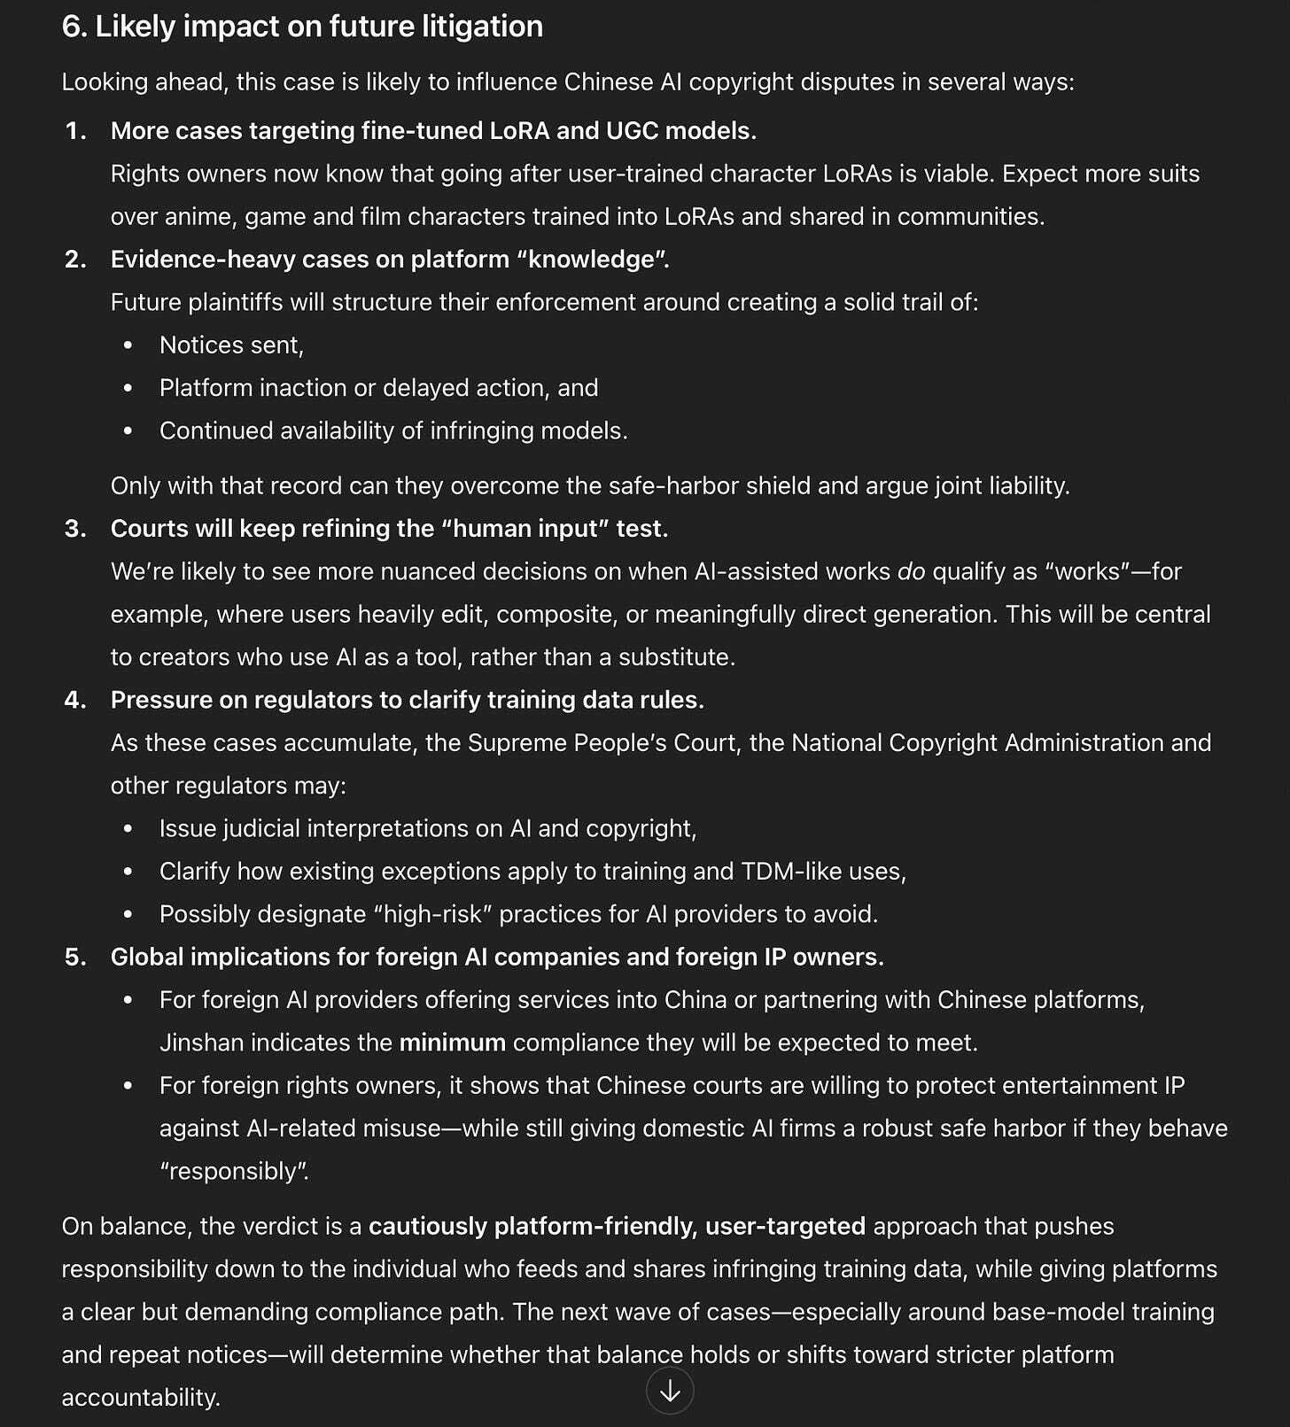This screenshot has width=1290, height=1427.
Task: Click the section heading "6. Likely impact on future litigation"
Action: point(302,27)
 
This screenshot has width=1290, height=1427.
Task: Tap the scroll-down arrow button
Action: point(670,1391)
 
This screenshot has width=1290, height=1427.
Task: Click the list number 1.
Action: point(76,131)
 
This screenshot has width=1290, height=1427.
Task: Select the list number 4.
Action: point(76,701)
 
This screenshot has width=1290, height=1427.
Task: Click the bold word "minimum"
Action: point(452,1043)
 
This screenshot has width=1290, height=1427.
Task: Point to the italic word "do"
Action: point(911,572)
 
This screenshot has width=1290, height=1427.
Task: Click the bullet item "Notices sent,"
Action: point(231,345)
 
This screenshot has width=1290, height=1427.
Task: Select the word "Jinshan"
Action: point(201,1043)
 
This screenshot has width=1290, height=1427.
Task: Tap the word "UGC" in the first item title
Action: point(632,131)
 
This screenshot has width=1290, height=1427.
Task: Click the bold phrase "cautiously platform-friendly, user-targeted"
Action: point(617,1227)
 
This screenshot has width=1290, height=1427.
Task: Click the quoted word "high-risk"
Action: point(433,914)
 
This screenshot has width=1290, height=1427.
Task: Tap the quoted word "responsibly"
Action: point(234,1171)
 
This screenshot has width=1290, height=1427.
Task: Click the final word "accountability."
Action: point(141,1398)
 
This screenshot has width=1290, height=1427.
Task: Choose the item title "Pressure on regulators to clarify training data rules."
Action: point(407,701)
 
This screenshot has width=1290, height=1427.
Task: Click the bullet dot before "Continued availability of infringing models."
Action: point(128,431)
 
